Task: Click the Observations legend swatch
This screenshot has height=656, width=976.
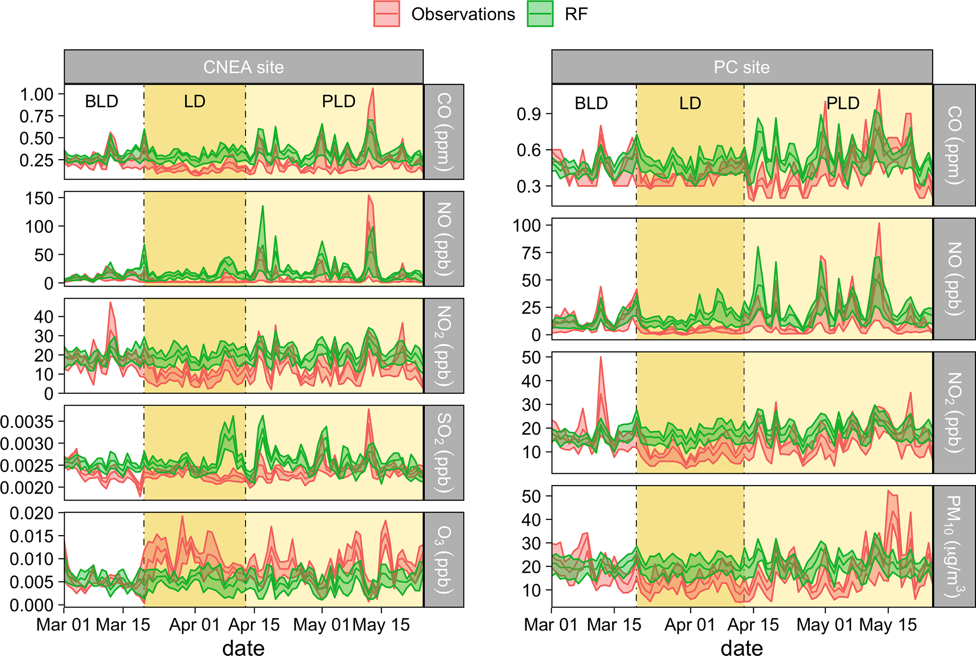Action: click(x=386, y=14)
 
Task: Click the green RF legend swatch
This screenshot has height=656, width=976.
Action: click(x=540, y=14)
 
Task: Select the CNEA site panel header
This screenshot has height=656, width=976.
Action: click(x=243, y=67)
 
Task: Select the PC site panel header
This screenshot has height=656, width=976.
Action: click(x=742, y=67)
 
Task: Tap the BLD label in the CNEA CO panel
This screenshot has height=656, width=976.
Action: click(x=102, y=102)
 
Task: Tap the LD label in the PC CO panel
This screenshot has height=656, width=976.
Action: click(x=690, y=103)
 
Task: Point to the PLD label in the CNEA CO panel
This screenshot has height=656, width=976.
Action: click(x=338, y=102)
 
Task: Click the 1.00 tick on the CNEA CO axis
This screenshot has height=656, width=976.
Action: click(x=36, y=94)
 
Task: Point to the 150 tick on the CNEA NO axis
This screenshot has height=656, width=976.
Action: click(x=39, y=198)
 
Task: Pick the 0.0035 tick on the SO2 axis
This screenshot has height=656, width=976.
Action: click(x=27, y=421)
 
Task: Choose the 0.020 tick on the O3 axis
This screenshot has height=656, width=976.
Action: click(x=32, y=513)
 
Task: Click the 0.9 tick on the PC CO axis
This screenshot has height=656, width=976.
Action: click(x=528, y=114)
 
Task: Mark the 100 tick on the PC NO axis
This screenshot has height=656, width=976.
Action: click(x=527, y=225)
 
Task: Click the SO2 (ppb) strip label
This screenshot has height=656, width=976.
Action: click(x=444, y=452)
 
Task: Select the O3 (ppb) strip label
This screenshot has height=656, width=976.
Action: click(x=444, y=559)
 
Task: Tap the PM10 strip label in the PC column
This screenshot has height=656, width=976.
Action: click(x=954, y=546)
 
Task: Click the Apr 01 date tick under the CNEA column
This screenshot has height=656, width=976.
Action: click(x=195, y=625)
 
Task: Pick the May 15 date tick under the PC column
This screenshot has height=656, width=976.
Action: click(x=888, y=625)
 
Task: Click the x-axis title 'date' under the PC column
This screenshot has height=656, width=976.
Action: click(x=742, y=647)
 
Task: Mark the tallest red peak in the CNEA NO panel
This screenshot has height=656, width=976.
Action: click(x=369, y=196)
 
